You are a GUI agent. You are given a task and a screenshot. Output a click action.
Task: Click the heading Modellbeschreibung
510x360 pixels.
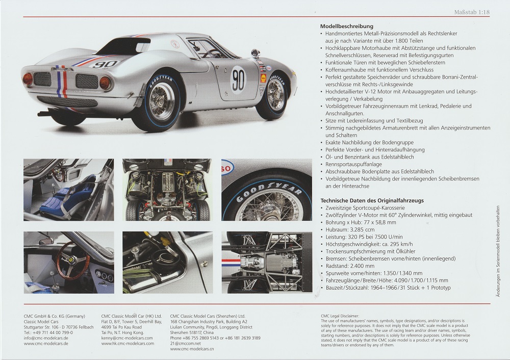pos(347,26)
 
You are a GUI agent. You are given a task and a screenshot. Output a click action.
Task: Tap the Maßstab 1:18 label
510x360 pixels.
pos(472,12)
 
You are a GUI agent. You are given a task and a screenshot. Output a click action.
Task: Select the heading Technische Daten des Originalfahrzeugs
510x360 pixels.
pos(372,200)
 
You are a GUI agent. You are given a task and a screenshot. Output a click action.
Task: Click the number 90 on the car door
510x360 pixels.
pos(238,79)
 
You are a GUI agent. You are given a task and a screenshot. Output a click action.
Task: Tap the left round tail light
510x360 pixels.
pos(28,79)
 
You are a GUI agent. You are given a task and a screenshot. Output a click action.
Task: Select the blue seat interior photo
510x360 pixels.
pos(68,189)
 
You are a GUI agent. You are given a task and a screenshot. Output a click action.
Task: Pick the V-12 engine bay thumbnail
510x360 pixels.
pos(167,189)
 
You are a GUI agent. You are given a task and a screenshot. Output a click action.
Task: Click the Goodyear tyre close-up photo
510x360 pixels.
pos(266,189)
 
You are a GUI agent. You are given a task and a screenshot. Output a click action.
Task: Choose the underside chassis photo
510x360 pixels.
pos(266,262)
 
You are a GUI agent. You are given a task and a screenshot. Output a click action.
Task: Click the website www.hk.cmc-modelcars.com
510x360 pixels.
pos(127,343)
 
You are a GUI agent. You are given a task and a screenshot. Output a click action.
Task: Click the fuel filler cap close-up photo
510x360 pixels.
pos(167,262)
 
